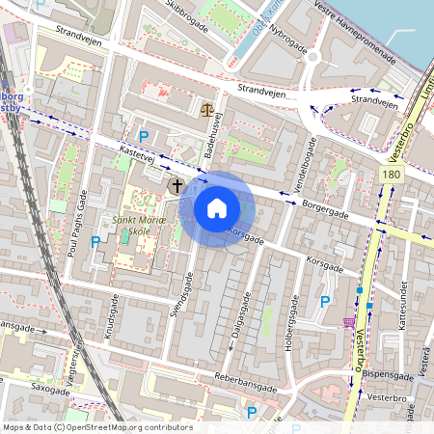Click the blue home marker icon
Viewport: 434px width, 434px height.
217,208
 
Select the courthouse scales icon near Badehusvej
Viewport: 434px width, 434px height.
207,109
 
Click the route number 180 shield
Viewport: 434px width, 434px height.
391,175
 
